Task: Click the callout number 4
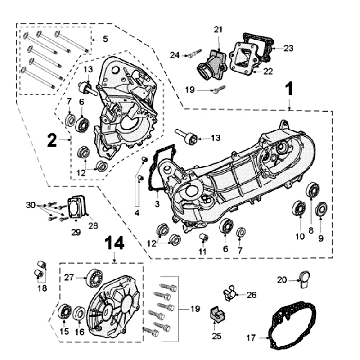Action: pyautogui.click(x=137, y=213)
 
